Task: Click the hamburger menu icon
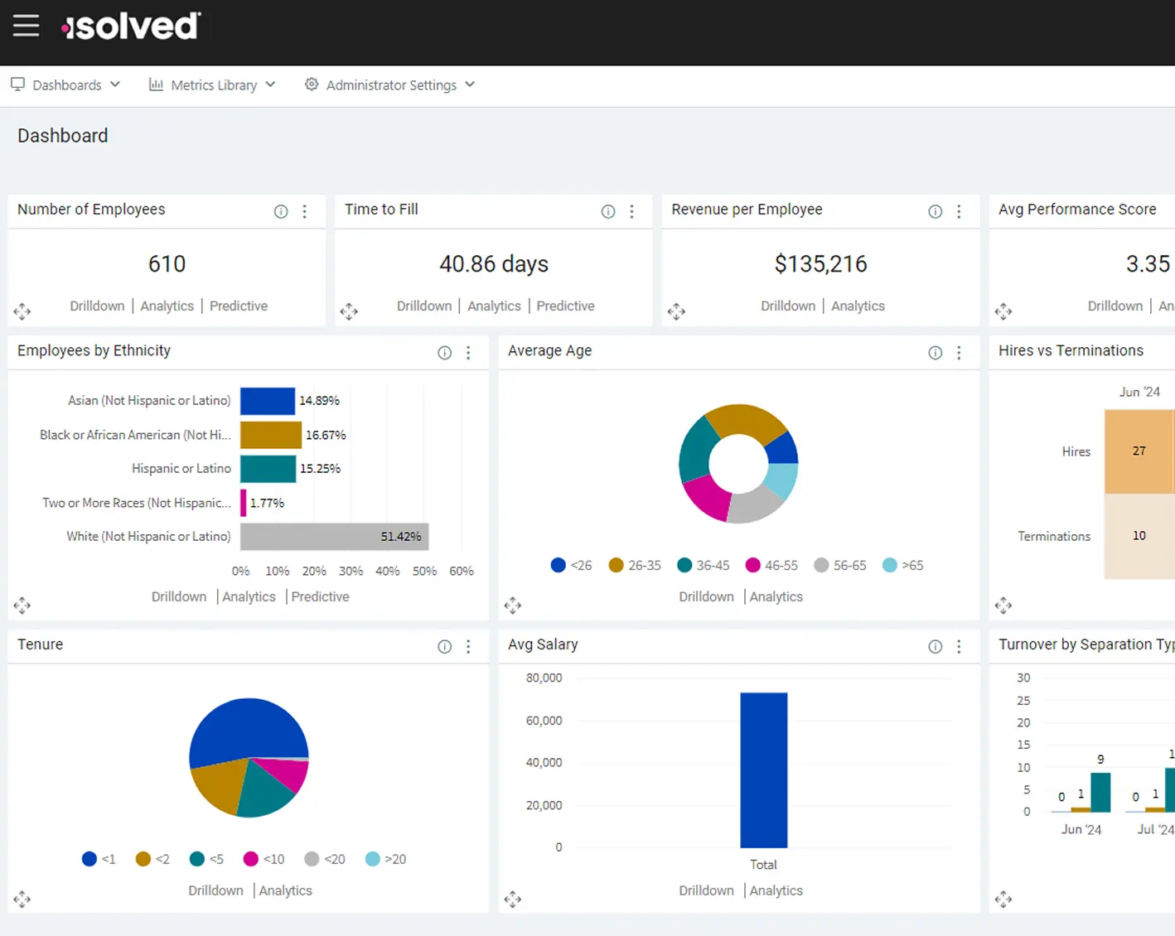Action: click(26, 26)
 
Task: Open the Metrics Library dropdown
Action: click(212, 85)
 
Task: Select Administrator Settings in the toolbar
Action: click(389, 85)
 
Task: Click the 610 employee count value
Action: click(167, 264)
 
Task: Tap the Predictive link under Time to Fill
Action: click(565, 306)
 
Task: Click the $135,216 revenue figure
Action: click(820, 264)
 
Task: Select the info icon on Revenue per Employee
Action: click(935, 212)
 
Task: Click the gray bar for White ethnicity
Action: click(334, 537)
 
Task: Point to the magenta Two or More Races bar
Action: click(244, 503)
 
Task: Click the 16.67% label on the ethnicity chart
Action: click(326, 435)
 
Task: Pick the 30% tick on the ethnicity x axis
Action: click(351, 572)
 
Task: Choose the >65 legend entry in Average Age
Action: click(902, 566)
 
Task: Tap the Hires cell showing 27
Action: click(1139, 451)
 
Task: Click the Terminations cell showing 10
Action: click(1139, 536)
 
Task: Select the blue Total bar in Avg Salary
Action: click(763, 770)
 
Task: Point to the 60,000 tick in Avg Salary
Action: click(544, 721)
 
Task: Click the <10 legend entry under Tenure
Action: click(264, 860)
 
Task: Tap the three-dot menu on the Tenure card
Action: click(468, 647)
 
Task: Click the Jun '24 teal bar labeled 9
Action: click(1100, 792)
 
